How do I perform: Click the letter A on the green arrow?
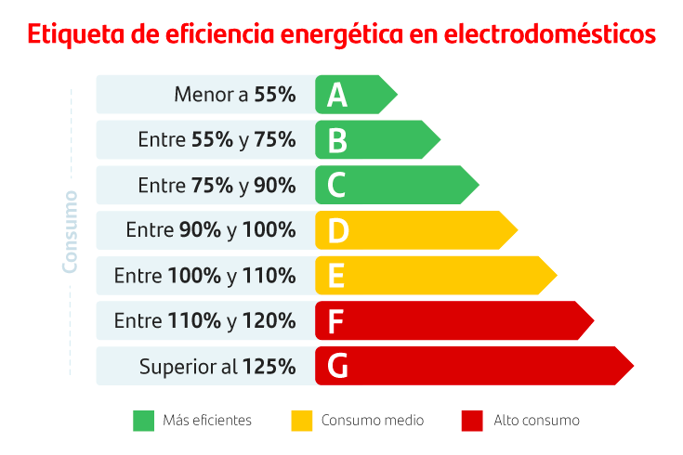pyautogui.click(x=336, y=95)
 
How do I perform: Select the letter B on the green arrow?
pyautogui.click(x=336, y=140)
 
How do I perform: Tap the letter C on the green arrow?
pyautogui.click(x=336, y=186)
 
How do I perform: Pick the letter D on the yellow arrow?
pyautogui.click(x=337, y=230)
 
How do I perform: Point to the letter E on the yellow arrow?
pyautogui.click(x=336, y=276)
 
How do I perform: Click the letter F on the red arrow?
pyautogui.click(x=336, y=321)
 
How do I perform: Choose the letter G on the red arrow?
pyautogui.click(x=337, y=366)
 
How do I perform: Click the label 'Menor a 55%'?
pyautogui.click(x=234, y=95)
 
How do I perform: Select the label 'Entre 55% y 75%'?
pyautogui.click(x=217, y=140)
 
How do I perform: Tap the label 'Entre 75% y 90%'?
pyautogui.click(x=217, y=186)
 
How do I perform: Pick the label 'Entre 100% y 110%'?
pyautogui.click(x=204, y=276)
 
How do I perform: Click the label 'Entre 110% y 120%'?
pyautogui.click(x=204, y=321)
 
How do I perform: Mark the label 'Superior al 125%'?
pyautogui.click(x=217, y=367)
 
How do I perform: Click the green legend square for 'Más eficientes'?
pyautogui.click(x=143, y=421)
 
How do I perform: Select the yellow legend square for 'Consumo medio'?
pyautogui.click(x=301, y=421)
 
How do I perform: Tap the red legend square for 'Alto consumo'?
pyautogui.click(x=472, y=421)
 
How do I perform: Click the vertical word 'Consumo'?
pyautogui.click(x=70, y=231)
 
